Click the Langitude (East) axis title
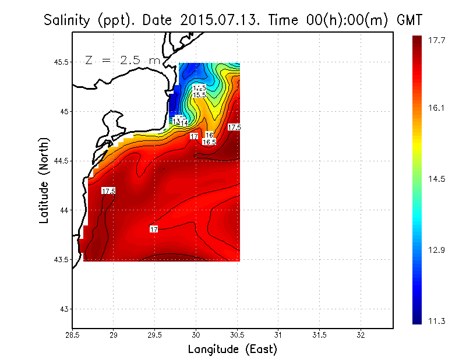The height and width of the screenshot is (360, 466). [x=232, y=349]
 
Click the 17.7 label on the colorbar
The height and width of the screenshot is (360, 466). [x=437, y=40]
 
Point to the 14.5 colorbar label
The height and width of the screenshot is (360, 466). [x=437, y=179]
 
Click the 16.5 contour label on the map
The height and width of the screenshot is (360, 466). [x=209, y=142]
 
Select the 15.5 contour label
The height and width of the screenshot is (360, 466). [x=199, y=94]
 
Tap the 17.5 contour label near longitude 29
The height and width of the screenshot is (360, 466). [x=108, y=190]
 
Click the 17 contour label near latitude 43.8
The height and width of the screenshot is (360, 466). [x=154, y=230]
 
